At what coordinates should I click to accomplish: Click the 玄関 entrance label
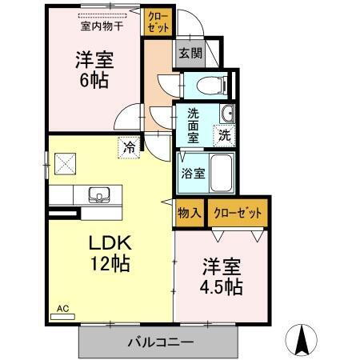(x=190, y=54)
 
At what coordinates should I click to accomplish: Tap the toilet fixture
(x=210, y=82)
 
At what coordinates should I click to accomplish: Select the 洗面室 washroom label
(x=193, y=124)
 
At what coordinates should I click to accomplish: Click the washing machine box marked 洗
(x=226, y=135)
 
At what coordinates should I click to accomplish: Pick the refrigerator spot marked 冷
(x=128, y=147)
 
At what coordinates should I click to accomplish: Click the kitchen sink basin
(x=99, y=194)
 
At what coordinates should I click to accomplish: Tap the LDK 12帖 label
(x=109, y=252)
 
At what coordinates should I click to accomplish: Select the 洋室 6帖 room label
(x=93, y=70)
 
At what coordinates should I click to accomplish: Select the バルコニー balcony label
(x=160, y=342)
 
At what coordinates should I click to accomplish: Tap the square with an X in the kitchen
(x=63, y=163)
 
